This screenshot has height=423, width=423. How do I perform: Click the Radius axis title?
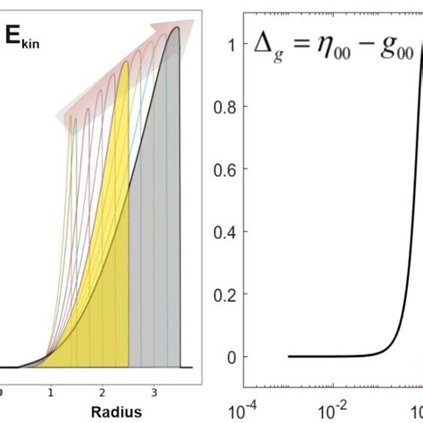click(x=102, y=412)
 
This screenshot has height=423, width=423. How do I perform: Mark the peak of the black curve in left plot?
click(x=177, y=27)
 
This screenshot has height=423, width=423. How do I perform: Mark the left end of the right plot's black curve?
click(x=288, y=356)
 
